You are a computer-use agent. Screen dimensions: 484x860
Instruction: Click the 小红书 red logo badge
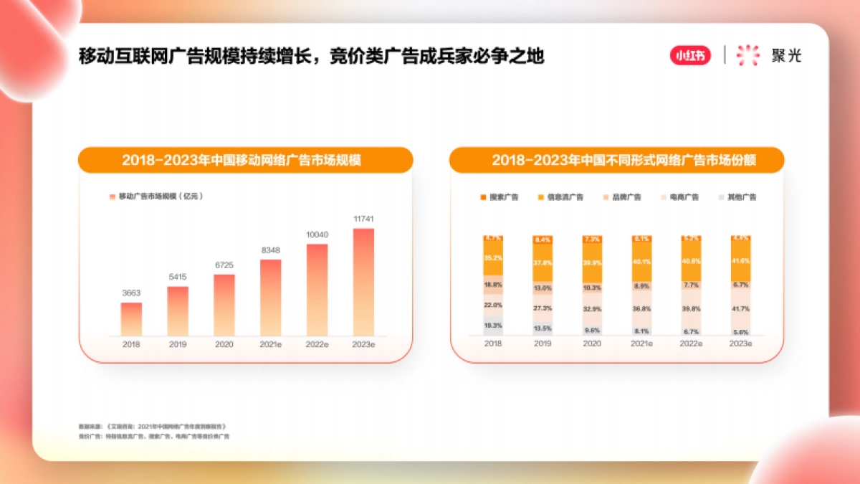tap(690, 55)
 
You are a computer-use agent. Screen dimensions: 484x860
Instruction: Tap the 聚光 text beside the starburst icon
tap(786, 56)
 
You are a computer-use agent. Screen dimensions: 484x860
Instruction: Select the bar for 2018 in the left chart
tap(131, 319)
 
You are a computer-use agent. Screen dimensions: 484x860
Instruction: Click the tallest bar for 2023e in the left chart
tap(363, 282)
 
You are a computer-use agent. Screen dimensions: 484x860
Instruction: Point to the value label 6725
tap(224, 265)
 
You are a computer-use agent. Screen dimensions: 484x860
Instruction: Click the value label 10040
tap(317, 234)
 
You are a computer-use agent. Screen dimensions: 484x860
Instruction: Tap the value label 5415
tap(178, 277)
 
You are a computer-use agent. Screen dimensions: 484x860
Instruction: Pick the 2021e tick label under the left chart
tap(270, 344)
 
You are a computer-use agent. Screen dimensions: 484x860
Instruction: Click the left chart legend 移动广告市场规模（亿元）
tap(156, 196)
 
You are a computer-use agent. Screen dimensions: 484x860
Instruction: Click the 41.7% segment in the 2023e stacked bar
tap(740, 308)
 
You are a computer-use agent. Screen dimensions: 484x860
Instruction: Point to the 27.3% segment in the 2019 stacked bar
tap(543, 308)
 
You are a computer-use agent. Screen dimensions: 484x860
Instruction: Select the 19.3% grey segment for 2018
tap(492, 326)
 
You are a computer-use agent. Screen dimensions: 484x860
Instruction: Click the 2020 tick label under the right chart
tap(591, 344)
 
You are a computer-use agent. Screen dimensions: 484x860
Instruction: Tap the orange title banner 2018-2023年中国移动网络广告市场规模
tap(245, 160)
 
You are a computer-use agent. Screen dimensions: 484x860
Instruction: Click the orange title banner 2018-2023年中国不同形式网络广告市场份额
tap(616, 160)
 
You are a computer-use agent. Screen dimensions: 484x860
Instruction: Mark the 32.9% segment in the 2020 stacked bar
tap(592, 309)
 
